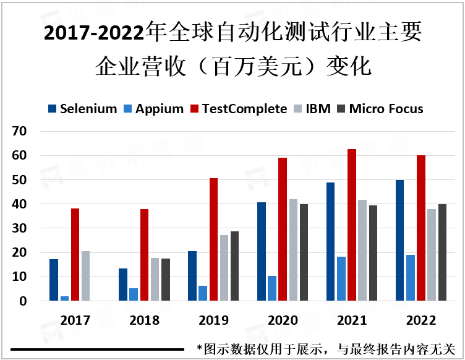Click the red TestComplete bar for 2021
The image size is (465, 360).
point(352,225)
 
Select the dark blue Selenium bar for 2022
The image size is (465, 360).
point(399,241)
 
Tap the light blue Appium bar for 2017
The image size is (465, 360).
point(64,299)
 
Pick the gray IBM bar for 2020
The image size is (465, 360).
point(294,250)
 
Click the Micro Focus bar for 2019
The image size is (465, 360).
point(234,266)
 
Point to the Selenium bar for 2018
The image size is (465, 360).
point(122,285)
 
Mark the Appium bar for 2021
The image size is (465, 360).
point(341,279)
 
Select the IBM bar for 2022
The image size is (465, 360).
point(432,255)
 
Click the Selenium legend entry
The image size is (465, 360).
point(82,109)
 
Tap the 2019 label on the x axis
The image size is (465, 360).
point(213,320)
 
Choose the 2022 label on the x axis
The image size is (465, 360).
point(421,320)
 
